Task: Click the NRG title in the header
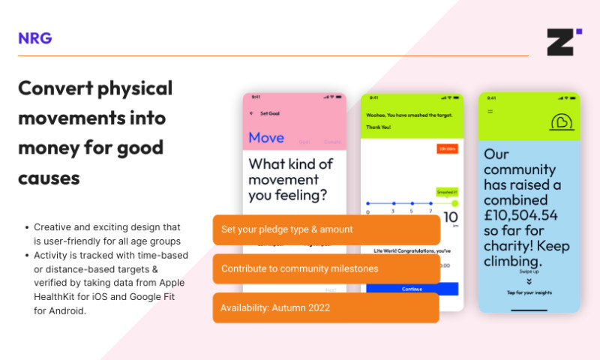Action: point(35,38)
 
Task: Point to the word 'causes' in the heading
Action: point(49,178)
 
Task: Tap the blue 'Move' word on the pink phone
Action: point(266,137)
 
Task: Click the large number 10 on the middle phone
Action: point(450,218)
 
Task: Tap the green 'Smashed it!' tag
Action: point(446,193)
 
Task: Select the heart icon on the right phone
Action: point(560,121)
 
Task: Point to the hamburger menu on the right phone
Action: point(490,112)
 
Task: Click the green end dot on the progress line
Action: point(454,203)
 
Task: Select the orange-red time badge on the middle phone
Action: point(447,149)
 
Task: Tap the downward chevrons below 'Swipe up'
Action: point(529,280)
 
